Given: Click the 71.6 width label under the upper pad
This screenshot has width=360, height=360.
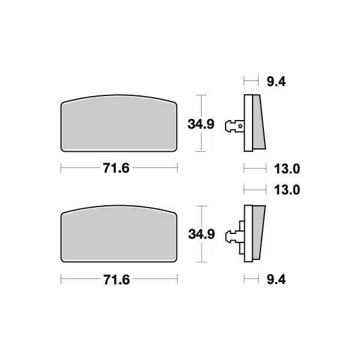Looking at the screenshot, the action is [116, 168].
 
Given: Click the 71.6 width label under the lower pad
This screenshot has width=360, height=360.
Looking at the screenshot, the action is [116, 280].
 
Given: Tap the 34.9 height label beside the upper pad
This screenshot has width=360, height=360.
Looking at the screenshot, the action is [201, 124].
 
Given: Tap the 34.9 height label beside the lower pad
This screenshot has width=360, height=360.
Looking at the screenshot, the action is [202, 234].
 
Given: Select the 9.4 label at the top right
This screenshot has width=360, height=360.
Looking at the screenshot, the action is [276, 82].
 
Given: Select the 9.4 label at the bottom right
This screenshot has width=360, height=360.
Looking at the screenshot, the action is [276, 280].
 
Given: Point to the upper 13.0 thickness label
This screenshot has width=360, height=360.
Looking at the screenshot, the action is [287, 169].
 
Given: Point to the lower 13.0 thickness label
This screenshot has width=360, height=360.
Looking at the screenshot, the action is [287, 190].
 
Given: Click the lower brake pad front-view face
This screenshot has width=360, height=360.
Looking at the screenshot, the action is [119, 234].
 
